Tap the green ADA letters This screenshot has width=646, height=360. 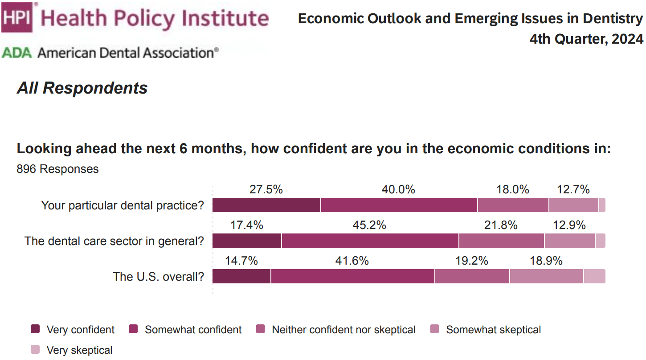(17, 53)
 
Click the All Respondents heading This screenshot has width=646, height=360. (82, 88)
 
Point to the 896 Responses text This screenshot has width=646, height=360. (57, 169)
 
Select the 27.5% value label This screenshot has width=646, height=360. (266, 189)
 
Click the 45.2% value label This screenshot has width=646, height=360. (369, 225)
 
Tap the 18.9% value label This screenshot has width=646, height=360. (546, 261)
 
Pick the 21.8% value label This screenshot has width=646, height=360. (501, 225)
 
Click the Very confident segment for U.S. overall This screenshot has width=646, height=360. (241, 276)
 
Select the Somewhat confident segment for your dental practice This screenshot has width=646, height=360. (399, 205)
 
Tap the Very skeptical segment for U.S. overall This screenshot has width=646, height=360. (594, 276)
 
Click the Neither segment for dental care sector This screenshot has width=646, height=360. (501, 241)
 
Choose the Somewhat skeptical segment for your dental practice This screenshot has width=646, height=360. (573, 205)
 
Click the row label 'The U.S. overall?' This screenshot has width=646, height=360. (158, 277)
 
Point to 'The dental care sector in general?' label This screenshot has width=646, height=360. (114, 241)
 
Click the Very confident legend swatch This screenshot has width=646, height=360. (35, 330)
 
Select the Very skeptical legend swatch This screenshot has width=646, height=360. (35, 350)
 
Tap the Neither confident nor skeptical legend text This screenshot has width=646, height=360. (343, 330)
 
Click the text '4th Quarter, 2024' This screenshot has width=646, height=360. (586, 39)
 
